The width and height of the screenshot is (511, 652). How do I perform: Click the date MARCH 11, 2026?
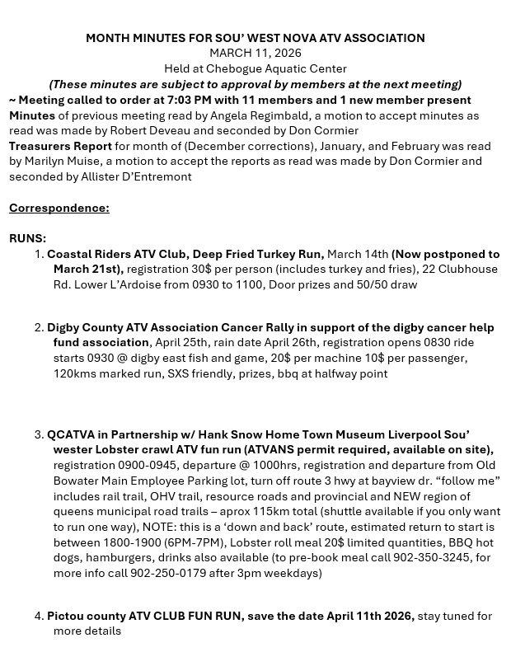click(x=255, y=53)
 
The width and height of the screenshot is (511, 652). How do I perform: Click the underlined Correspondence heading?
click(x=59, y=207)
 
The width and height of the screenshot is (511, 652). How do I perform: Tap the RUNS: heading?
click(x=27, y=238)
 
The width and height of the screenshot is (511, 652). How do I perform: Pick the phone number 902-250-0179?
click(x=167, y=573)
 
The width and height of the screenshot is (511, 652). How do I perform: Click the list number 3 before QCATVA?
click(x=39, y=434)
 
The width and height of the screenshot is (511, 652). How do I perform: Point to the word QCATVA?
click(x=72, y=434)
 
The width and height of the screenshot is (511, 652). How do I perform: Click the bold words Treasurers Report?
click(x=60, y=146)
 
